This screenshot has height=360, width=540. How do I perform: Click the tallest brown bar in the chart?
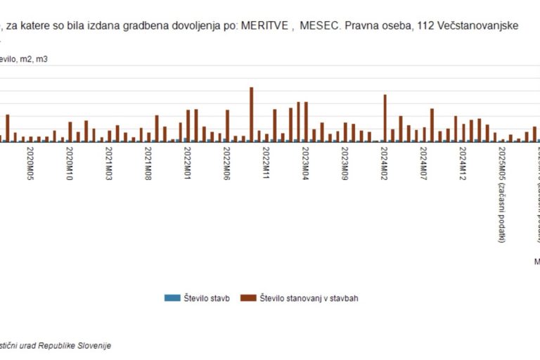252,114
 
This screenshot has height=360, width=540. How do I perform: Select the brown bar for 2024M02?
385,118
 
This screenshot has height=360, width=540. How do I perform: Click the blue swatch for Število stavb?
172,298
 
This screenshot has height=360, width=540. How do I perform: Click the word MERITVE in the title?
265,26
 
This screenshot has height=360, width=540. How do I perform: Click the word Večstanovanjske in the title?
489,26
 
